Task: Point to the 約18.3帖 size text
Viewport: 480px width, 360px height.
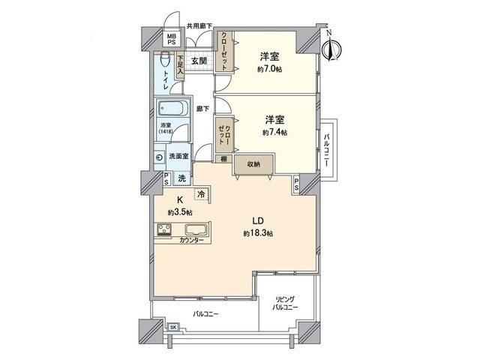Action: [257, 234]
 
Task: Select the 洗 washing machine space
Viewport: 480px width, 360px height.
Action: [181, 178]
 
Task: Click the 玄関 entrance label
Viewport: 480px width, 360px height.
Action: [199, 61]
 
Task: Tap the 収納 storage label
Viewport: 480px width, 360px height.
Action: [251, 163]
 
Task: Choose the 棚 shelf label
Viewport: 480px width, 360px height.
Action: [223, 159]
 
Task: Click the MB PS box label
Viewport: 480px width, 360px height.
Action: [171, 39]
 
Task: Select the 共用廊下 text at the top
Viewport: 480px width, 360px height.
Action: [199, 26]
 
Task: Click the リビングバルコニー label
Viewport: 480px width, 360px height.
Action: [286, 304]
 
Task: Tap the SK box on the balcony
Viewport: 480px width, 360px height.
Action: [173, 328]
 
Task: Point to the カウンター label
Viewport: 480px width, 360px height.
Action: [191, 241]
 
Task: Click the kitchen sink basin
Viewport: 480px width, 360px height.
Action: [196, 229]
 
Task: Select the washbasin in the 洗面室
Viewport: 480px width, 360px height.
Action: [160, 157]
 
